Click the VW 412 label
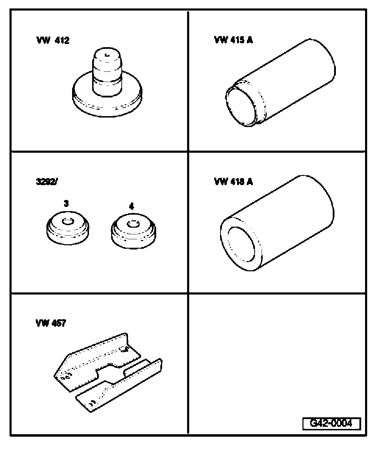52,40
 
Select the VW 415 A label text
233,40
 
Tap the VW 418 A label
233,182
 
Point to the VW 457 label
50,323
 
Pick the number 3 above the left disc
66,203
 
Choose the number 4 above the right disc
132,206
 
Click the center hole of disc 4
132,223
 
